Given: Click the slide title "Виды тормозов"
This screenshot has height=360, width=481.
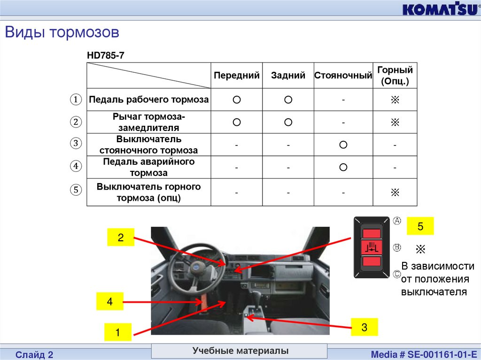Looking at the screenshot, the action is (x=62, y=32).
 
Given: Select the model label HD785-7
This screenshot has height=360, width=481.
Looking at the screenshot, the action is (x=106, y=55).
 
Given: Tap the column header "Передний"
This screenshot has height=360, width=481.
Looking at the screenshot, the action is (x=237, y=76).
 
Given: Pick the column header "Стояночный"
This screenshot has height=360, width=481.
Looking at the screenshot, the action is (x=343, y=76).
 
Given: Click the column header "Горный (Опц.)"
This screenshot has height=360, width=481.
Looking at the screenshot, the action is (x=395, y=76).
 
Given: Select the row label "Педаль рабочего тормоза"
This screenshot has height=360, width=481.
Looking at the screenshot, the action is (x=149, y=100).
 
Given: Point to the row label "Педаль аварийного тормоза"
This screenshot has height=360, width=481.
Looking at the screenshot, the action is (x=149, y=167).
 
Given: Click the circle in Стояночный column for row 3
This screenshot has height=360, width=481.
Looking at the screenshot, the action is (x=343, y=145).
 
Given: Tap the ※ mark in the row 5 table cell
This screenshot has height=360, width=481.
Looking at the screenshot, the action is (x=395, y=192).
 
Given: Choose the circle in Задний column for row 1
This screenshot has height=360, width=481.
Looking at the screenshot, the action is (x=288, y=100).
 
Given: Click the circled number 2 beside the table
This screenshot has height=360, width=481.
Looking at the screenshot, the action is (x=76, y=122).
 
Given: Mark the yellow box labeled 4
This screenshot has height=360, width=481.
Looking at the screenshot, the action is (x=110, y=301).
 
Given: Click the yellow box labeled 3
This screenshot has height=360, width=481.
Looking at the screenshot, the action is (x=365, y=327).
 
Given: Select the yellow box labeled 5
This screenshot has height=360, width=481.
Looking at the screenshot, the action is (x=420, y=226).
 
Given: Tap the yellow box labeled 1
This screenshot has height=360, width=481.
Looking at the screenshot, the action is (x=118, y=332).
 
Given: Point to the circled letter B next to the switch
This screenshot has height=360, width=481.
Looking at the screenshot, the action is (x=397, y=247).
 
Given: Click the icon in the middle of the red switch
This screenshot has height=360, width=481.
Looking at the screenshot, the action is (x=372, y=247).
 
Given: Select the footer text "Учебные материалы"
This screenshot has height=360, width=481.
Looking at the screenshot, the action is (x=240, y=351).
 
